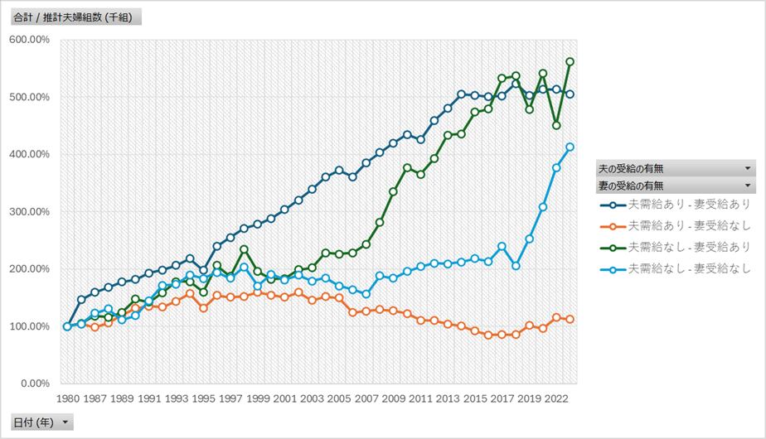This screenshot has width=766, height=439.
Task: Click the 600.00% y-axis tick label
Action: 30,40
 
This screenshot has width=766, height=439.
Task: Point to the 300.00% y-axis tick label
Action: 30,212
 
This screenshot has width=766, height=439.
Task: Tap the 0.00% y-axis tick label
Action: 35,384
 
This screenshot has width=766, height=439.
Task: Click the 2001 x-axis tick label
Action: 284,398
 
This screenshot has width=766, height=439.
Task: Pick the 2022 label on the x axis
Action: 556,398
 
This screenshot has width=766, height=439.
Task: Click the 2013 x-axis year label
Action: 448,398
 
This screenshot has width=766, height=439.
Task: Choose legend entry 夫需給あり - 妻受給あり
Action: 680,204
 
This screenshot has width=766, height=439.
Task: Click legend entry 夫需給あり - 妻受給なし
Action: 680,225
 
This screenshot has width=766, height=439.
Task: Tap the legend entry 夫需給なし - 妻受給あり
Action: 680,247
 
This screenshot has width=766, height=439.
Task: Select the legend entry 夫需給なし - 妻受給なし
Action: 680,268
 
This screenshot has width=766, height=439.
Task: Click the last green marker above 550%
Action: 570,61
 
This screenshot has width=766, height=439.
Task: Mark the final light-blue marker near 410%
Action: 570,147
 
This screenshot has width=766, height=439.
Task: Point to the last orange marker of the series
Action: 570,319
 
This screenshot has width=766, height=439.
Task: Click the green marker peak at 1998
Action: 244,249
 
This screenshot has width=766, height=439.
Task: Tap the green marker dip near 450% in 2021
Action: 556,125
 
